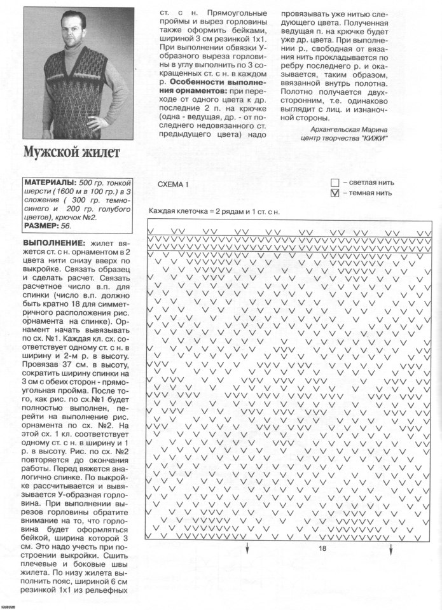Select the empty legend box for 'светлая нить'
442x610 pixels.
coord(335,182)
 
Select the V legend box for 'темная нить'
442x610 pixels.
coord(335,193)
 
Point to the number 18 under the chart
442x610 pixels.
coord(322,548)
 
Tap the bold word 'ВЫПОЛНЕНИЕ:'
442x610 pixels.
coord(53,244)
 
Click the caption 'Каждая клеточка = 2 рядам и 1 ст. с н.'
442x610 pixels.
coord(214,211)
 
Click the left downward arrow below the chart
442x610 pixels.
coord(247,549)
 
